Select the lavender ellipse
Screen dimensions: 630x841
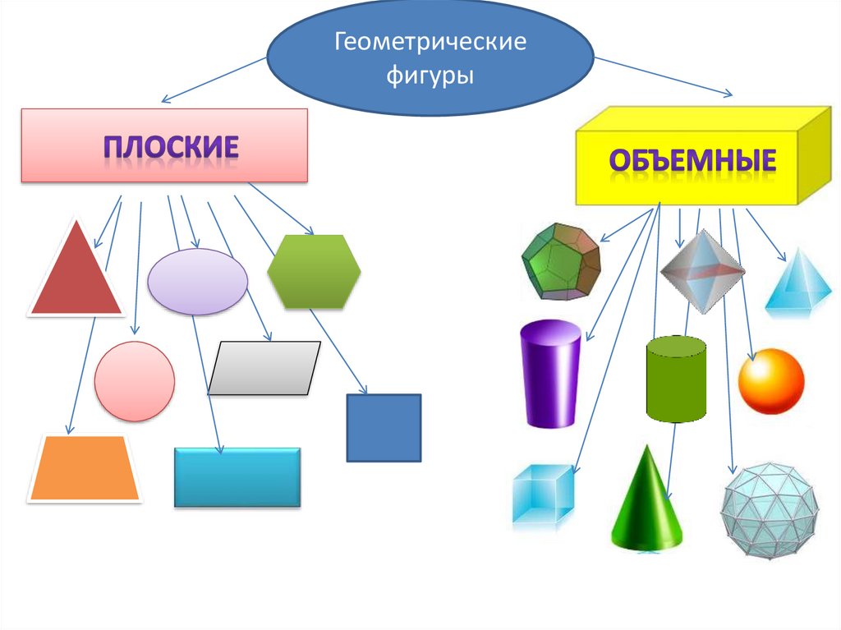[x=197, y=282]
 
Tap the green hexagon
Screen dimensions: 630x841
[x=314, y=272]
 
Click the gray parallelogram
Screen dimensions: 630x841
[x=264, y=368]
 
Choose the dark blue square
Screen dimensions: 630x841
[x=384, y=428]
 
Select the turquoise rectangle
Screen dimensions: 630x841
[x=237, y=477]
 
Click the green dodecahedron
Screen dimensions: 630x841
[x=561, y=262]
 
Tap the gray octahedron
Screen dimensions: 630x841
[x=702, y=271]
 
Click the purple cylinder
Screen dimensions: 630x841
[x=550, y=374]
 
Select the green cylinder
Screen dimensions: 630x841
[x=676, y=379]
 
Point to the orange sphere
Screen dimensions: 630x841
[x=771, y=381]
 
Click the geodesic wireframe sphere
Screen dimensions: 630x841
[x=770, y=510]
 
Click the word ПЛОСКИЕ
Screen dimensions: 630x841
[x=171, y=147]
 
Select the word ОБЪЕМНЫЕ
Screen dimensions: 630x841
[x=692, y=159]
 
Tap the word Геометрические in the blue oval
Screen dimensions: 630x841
[x=430, y=43]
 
